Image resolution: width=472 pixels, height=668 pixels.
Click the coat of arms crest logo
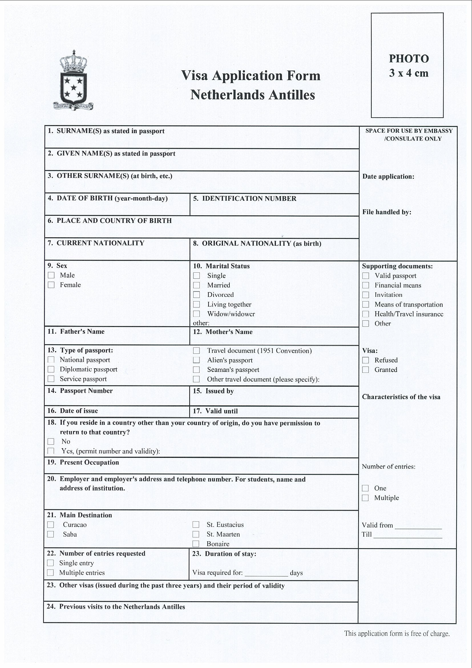pos(73,81)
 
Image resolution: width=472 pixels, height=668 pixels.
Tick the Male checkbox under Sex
pos(51,275)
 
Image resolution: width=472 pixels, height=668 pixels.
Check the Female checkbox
pos(51,285)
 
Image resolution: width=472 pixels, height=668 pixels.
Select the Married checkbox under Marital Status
pos(197,285)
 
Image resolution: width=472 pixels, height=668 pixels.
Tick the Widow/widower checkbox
pos(197,314)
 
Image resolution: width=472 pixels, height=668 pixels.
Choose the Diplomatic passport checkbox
pos(51,369)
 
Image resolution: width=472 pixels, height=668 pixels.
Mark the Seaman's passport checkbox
pos(196,369)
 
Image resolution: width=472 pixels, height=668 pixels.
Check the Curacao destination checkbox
pos(51,525)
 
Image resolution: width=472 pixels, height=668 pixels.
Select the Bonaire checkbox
pos(196,544)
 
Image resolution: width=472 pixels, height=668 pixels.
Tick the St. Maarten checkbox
pos(196,534)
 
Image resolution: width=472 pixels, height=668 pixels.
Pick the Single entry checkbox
pos(50,563)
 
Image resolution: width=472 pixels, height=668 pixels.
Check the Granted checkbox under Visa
pos(366,369)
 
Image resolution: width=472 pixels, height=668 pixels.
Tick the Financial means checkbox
pos(366,285)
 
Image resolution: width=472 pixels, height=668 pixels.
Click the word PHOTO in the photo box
pos(409,59)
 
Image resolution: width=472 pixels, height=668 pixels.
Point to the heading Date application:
pos(388,177)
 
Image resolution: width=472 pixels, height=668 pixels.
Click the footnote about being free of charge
pos(397,633)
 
